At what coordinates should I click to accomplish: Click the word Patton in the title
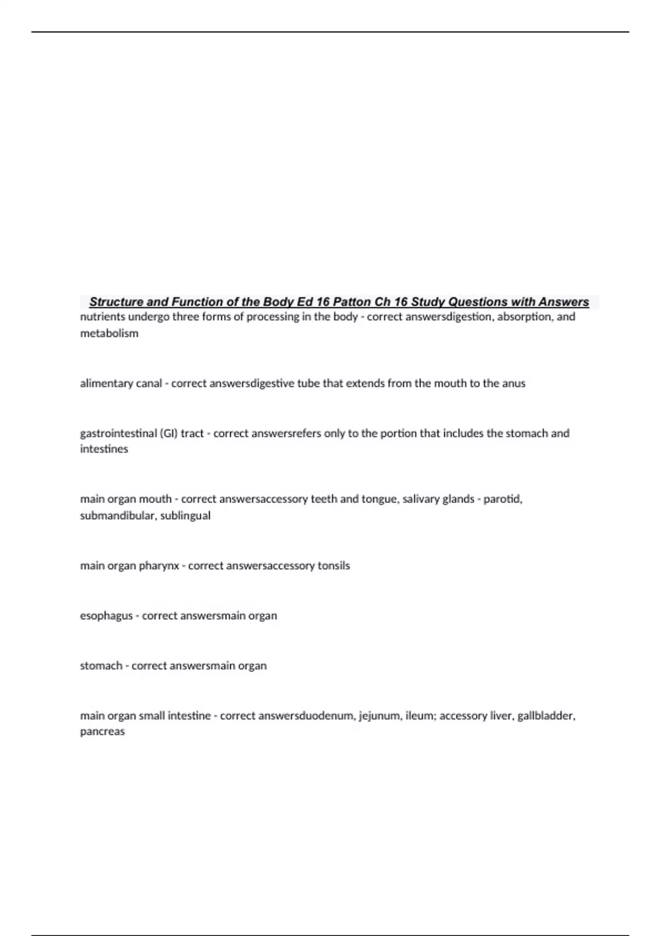click(352, 302)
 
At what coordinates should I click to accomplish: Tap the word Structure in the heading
click(116, 302)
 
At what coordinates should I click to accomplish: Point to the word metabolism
click(109, 333)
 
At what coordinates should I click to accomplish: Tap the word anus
click(513, 383)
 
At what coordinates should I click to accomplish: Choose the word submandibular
click(117, 515)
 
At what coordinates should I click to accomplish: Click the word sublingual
click(185, 515)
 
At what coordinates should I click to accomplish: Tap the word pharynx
click(159, 565)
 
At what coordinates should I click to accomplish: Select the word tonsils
click(334, 565)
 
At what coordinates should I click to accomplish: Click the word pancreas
click(102, 732)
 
